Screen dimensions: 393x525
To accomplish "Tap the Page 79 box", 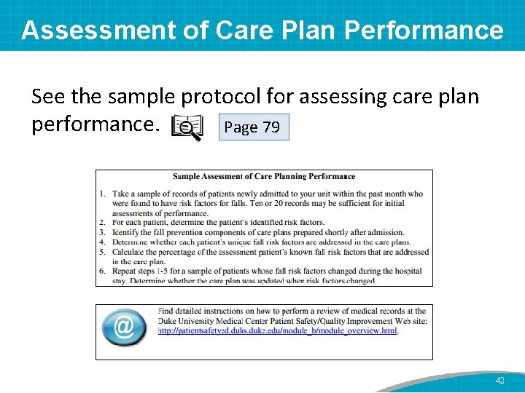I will click(x=252, y=127).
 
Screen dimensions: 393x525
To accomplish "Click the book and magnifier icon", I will click(x=187, y=127).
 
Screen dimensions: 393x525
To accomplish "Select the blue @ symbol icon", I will click(x=124, y=327).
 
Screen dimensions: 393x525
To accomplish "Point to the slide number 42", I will click(x=499, y=381).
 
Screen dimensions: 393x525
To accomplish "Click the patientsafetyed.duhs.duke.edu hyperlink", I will click(x=278, y=330).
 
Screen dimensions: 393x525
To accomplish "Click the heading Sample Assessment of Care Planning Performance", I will click(x=264, y=176).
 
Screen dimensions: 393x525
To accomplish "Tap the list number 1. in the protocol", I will click(x=103, y=194).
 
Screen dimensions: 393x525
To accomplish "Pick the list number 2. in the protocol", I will click(x=103, y=223).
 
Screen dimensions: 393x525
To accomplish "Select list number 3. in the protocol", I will click(x=103, y=232).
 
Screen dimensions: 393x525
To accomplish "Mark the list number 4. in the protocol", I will click(x=103, y=242).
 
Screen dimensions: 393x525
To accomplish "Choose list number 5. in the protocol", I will click(x=103, y=252).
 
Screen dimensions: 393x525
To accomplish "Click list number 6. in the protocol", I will click(x=103, y=271).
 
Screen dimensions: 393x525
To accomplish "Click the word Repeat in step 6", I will click(x=127, y=271).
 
